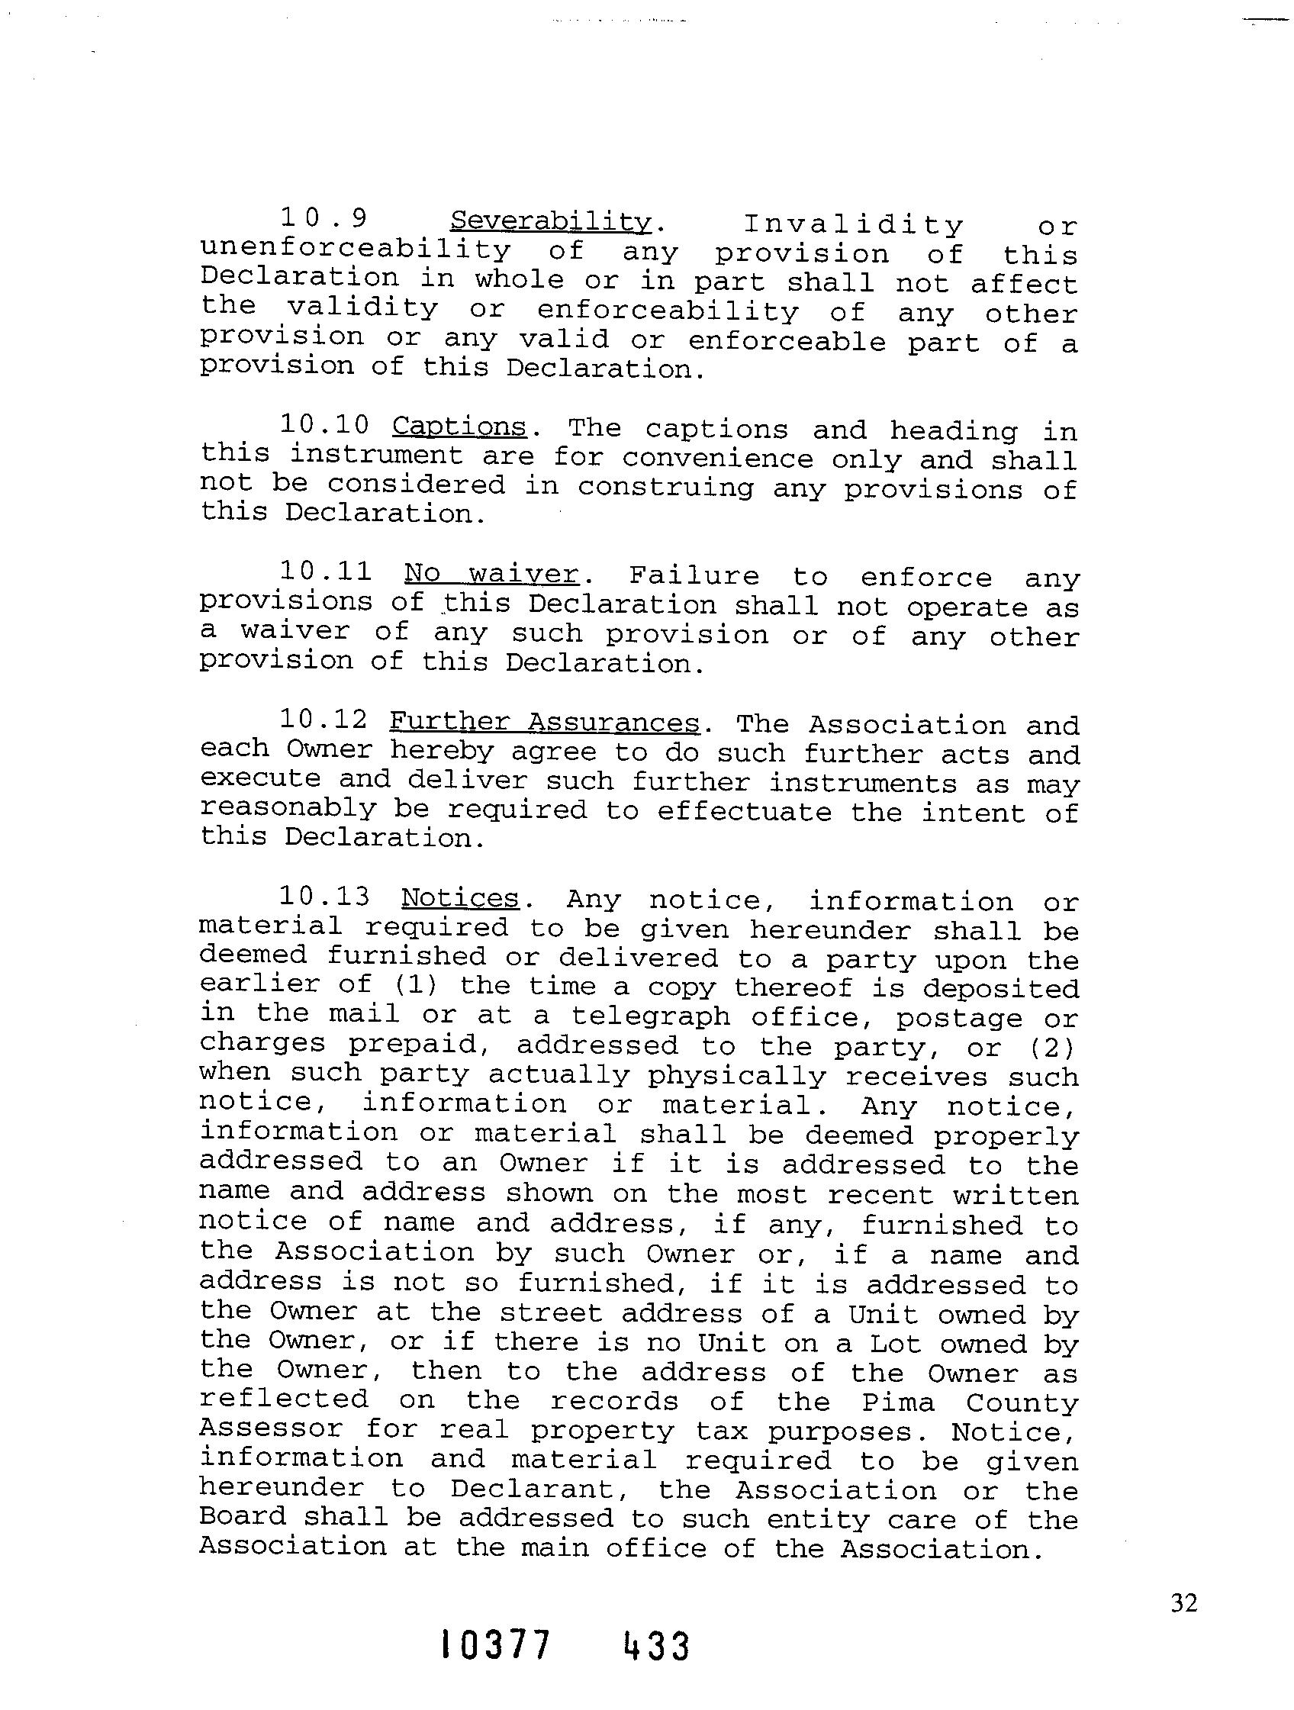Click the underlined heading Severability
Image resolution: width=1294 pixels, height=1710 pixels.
(x=551, y=222)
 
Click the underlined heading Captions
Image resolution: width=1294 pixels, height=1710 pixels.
(x=459, y=427)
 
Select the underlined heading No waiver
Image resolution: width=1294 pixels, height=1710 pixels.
(x=491, y=574)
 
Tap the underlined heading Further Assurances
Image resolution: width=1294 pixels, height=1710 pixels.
(x=543, y=722)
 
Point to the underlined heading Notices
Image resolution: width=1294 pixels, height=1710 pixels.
(x=460, y=897)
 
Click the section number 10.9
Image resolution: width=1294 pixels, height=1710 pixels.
(x=323, y=219)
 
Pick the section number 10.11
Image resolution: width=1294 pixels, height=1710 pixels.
(x=326, y=572)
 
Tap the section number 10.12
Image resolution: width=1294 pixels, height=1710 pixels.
(x=324, y=720)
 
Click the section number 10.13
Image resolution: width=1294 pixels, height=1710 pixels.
(x=324, y=897)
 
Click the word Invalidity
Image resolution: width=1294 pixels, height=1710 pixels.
(x=852, y=225)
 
